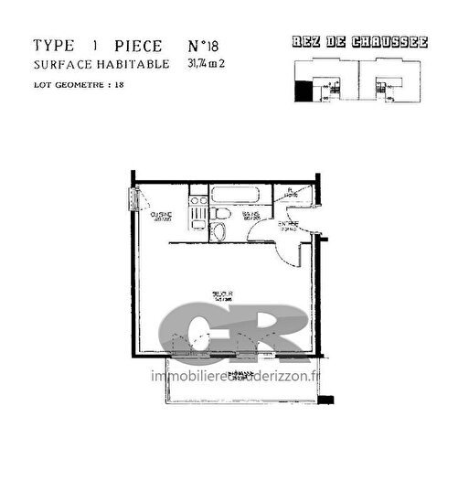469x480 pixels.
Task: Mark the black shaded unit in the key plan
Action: (x=301, y=90)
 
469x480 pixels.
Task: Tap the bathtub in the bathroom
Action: (x=236, y=194)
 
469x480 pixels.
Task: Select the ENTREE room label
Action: (x=288, y=225)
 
